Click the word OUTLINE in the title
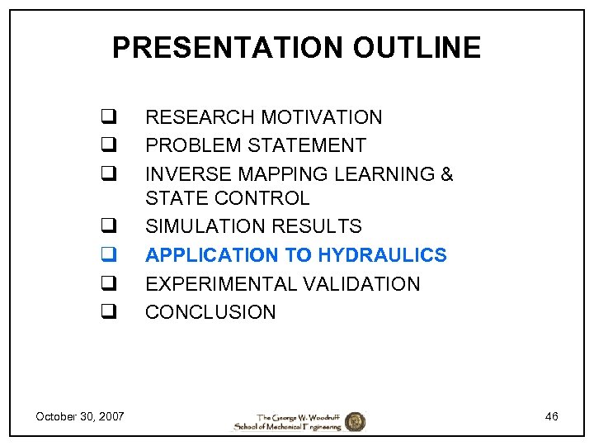pos(417,48)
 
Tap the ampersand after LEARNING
pos(447,174)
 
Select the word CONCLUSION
pos(210,312)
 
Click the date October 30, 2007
pos(80,416)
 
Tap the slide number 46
pos(551,416)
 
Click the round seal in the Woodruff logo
pos(355,421)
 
